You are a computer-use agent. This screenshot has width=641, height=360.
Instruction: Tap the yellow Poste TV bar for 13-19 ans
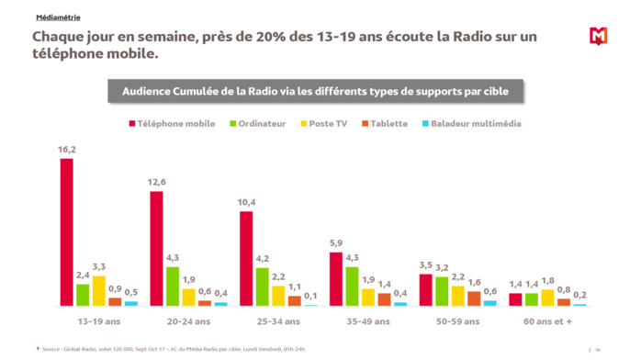click(x=99, y=290)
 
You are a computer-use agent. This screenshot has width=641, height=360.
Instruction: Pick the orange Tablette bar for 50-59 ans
click(x=474, y=298)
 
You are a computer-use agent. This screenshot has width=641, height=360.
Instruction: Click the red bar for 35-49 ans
click(x=336, y=278)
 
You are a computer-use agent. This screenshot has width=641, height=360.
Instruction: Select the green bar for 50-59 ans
click(x=442, y=290)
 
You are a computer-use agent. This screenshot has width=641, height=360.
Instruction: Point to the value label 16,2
click(x=67, y=149)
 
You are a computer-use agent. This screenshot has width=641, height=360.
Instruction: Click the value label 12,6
click(x=156, y=182)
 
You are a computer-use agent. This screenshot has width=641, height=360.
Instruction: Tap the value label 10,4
click(x=246, y=202)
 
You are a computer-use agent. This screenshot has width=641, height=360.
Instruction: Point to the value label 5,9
click(x=336, y=243)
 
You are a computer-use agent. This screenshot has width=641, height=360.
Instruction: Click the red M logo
click(x=598, y=37)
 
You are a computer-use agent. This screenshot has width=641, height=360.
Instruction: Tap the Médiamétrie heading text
click(x=58, y=17)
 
